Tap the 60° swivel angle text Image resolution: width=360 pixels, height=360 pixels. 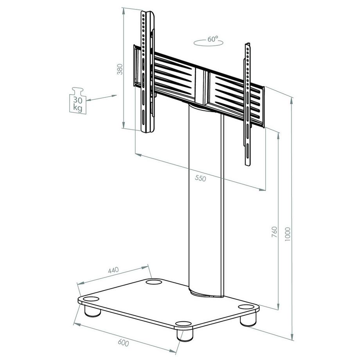coord(213,39)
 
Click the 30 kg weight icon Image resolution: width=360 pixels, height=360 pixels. coord(77,101)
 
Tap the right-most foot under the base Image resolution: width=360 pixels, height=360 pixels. coord(247,319)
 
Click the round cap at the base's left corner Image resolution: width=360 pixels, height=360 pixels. coord(91,299)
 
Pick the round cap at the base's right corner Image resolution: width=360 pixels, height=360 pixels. coord(246,307)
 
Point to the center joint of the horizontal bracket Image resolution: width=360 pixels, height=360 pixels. coord(203,86)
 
